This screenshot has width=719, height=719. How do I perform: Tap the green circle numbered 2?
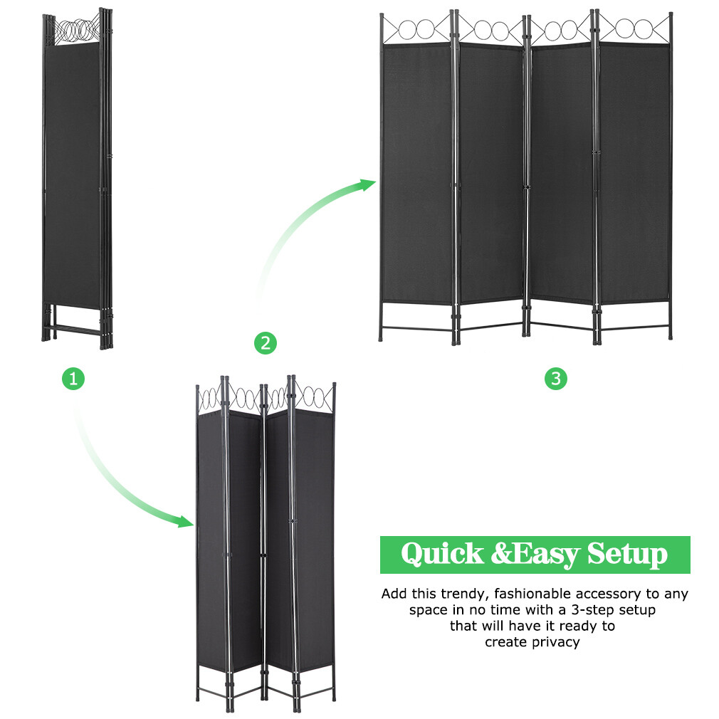coord(266,343)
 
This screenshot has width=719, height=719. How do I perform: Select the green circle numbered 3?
coord(556,379)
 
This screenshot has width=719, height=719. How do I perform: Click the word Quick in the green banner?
coord(441,555)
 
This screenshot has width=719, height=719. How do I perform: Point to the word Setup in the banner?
coord(627,555)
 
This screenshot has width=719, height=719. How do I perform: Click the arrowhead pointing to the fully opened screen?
coord(367,185)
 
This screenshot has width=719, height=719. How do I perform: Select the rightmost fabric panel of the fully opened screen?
coord(634,171)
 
